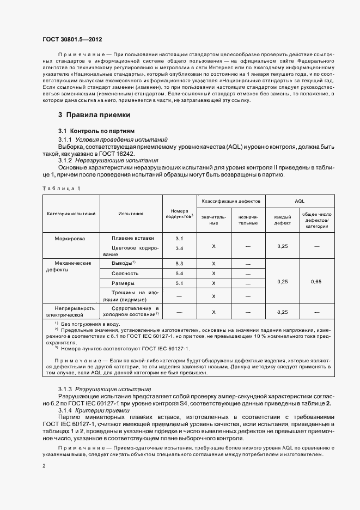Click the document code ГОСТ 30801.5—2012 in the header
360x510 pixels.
(x=72, y=40)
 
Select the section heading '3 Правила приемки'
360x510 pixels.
(x=94, y=115)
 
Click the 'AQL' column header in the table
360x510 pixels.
(x=299, y=201)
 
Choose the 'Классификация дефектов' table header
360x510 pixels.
(x=231, y=201)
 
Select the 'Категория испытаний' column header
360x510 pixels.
(x=71, y=213)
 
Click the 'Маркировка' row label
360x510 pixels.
(x=70, y=238)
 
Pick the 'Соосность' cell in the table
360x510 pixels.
(x=125, y=272)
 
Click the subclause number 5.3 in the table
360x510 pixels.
(x=180, y=263)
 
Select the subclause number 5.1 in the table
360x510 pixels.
(x=180, y=283)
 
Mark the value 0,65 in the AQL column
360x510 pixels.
(x=316, y=281)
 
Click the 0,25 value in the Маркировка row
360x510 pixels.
(x=282, y=246)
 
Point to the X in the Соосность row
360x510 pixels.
(x=213, y=272)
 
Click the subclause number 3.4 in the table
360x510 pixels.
(x=180, y=248)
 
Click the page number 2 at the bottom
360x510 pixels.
(x=44, y=466)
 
